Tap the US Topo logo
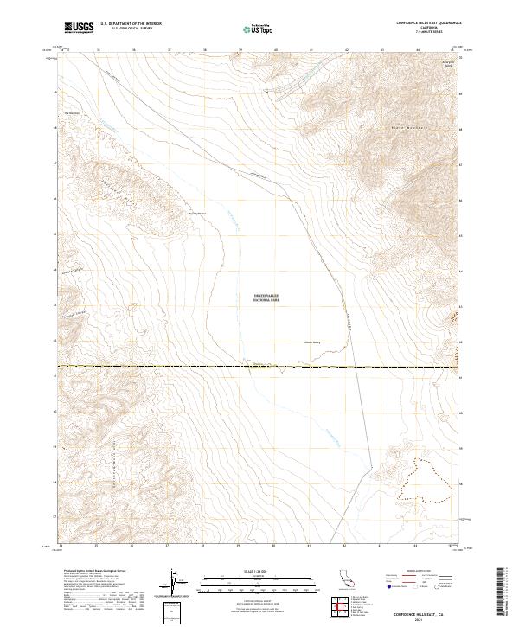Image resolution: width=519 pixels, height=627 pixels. click(x=250, y=29)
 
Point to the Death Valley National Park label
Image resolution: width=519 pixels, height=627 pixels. click(x=266, y=297)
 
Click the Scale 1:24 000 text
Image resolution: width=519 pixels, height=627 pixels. click(x=252, y=572)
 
